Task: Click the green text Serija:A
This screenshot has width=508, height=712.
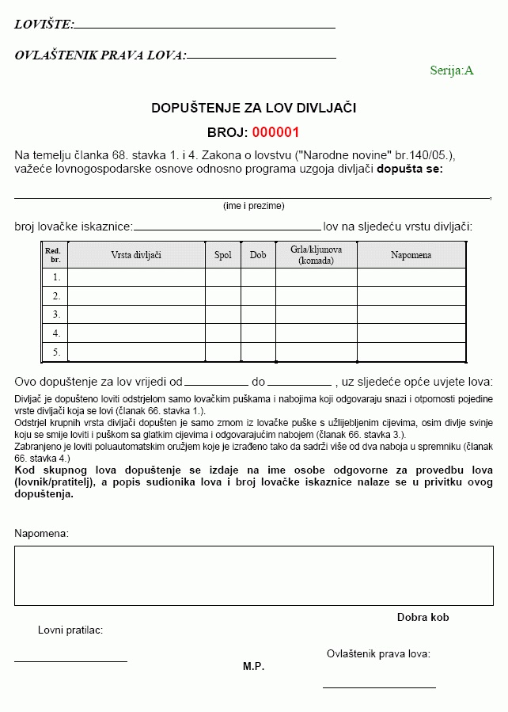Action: point(451,70)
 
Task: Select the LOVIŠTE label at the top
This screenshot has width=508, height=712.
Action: point(44,25)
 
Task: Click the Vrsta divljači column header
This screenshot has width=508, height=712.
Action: point(136,255)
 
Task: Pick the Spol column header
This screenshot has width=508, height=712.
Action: point(223,255)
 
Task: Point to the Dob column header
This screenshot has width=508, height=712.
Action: point(258,255)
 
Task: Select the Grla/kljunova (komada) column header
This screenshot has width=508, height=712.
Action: point(316,255)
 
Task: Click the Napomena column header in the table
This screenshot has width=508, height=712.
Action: point(411,255)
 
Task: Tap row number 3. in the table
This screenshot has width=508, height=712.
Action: point(56,314)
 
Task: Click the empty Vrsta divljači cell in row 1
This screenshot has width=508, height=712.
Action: point(136,277)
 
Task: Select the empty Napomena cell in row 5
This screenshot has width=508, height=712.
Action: point(411,352)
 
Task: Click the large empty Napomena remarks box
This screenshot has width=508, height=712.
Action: point(253,576)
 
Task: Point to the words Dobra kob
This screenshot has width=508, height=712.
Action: point(423,617)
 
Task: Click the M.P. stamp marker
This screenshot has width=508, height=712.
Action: point(253,667)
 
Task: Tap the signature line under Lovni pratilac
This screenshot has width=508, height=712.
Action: point(70,661)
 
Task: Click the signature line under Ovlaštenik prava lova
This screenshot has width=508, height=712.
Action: point(379,687)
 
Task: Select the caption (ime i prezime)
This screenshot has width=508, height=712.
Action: point(253,206)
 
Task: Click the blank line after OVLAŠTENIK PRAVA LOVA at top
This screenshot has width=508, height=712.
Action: point(261,58)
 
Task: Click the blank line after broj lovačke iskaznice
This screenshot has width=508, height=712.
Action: point(227,229)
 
